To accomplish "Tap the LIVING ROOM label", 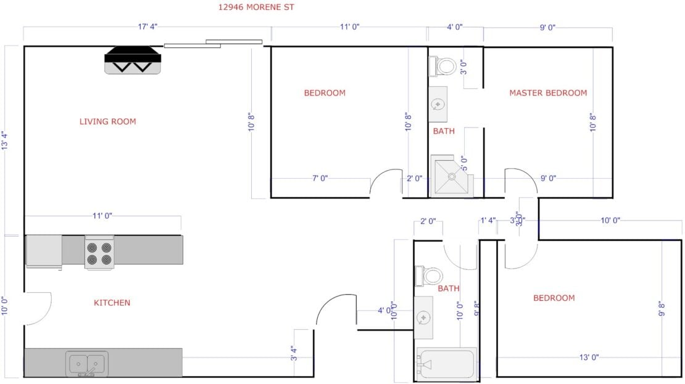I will pos(107,121).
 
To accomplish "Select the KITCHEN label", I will pos(112,303).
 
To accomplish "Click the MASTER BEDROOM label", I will pos(548,93).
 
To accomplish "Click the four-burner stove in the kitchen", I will pos(99,253).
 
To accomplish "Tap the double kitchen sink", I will pos(87,363).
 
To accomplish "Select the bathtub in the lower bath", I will pos(446,363).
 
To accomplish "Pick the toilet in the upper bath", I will pos(444,65).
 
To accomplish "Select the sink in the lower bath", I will pos(423,317).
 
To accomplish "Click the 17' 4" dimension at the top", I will pos(147,27).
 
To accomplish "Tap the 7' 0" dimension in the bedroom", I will pos(320,178).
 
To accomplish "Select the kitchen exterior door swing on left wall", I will pos(37,308).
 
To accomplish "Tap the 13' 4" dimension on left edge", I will pos(5,141).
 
